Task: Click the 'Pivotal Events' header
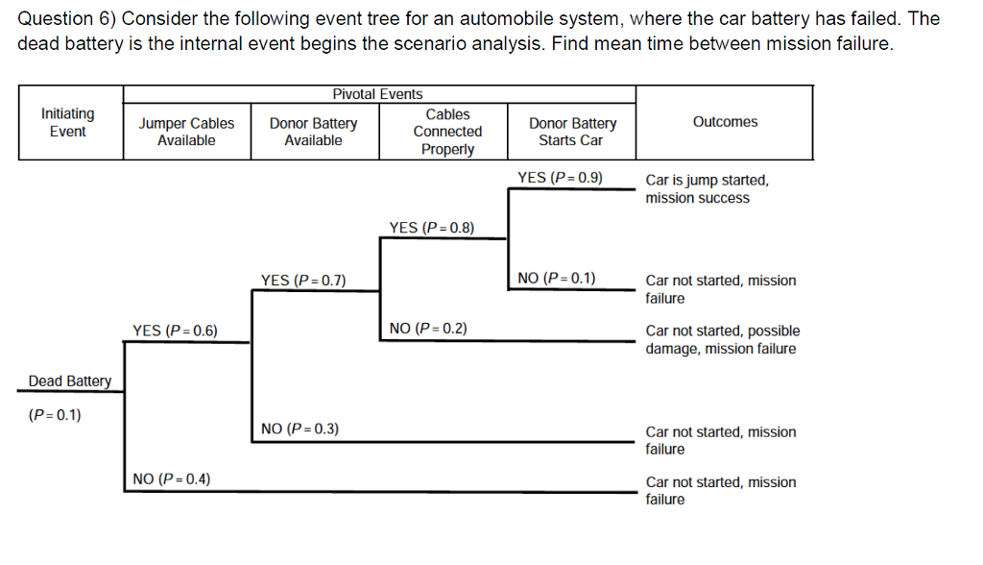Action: pyautogui.click(x=377, y=94)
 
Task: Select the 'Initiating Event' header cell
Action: pyautogui.click(x=68, y=122)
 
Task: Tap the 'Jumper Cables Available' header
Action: pyautogui.click(x=186, y=132)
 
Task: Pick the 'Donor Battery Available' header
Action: pyautogui.click(x=313, y=132)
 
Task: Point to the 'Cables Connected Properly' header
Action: pyautogui.click(x=447, y=132)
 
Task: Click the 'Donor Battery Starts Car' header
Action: pyautogui.click(x=572, y=132)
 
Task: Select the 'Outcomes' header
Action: pyautogui.click(x=725, y=122)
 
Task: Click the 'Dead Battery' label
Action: pyautogui.click(x=70, y=381)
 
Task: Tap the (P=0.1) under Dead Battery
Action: pyautogui.click(x=55, y=415)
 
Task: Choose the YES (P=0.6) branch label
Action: pyautogui.click(x=175, y=331)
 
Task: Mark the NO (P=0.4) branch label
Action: pyautogui.click(x=173, y=479)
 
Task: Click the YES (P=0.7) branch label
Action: pyautogui.click(x=303, y=281)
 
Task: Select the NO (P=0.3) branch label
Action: pyautogui.click(x=300, y=429)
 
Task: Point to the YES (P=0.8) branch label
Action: pyautogui.click(x=432, y=228)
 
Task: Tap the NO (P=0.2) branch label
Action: pyautogui.click(x=429, y=329)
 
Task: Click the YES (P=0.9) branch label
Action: pyautogui.click(x=560, y=177)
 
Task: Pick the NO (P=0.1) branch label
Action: pyautogui.click(x=557, y=279)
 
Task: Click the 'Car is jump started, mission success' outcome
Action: pyautogui.click(x=707, y=189)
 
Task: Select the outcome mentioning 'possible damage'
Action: pyautogui.click(x=722, y=340)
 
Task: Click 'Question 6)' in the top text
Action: pyautogui.click(x=67, y=19)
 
